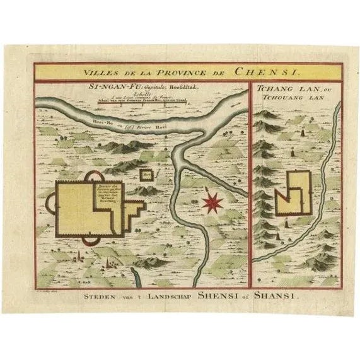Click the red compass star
[214, 203]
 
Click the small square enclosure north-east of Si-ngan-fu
[146, 175]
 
